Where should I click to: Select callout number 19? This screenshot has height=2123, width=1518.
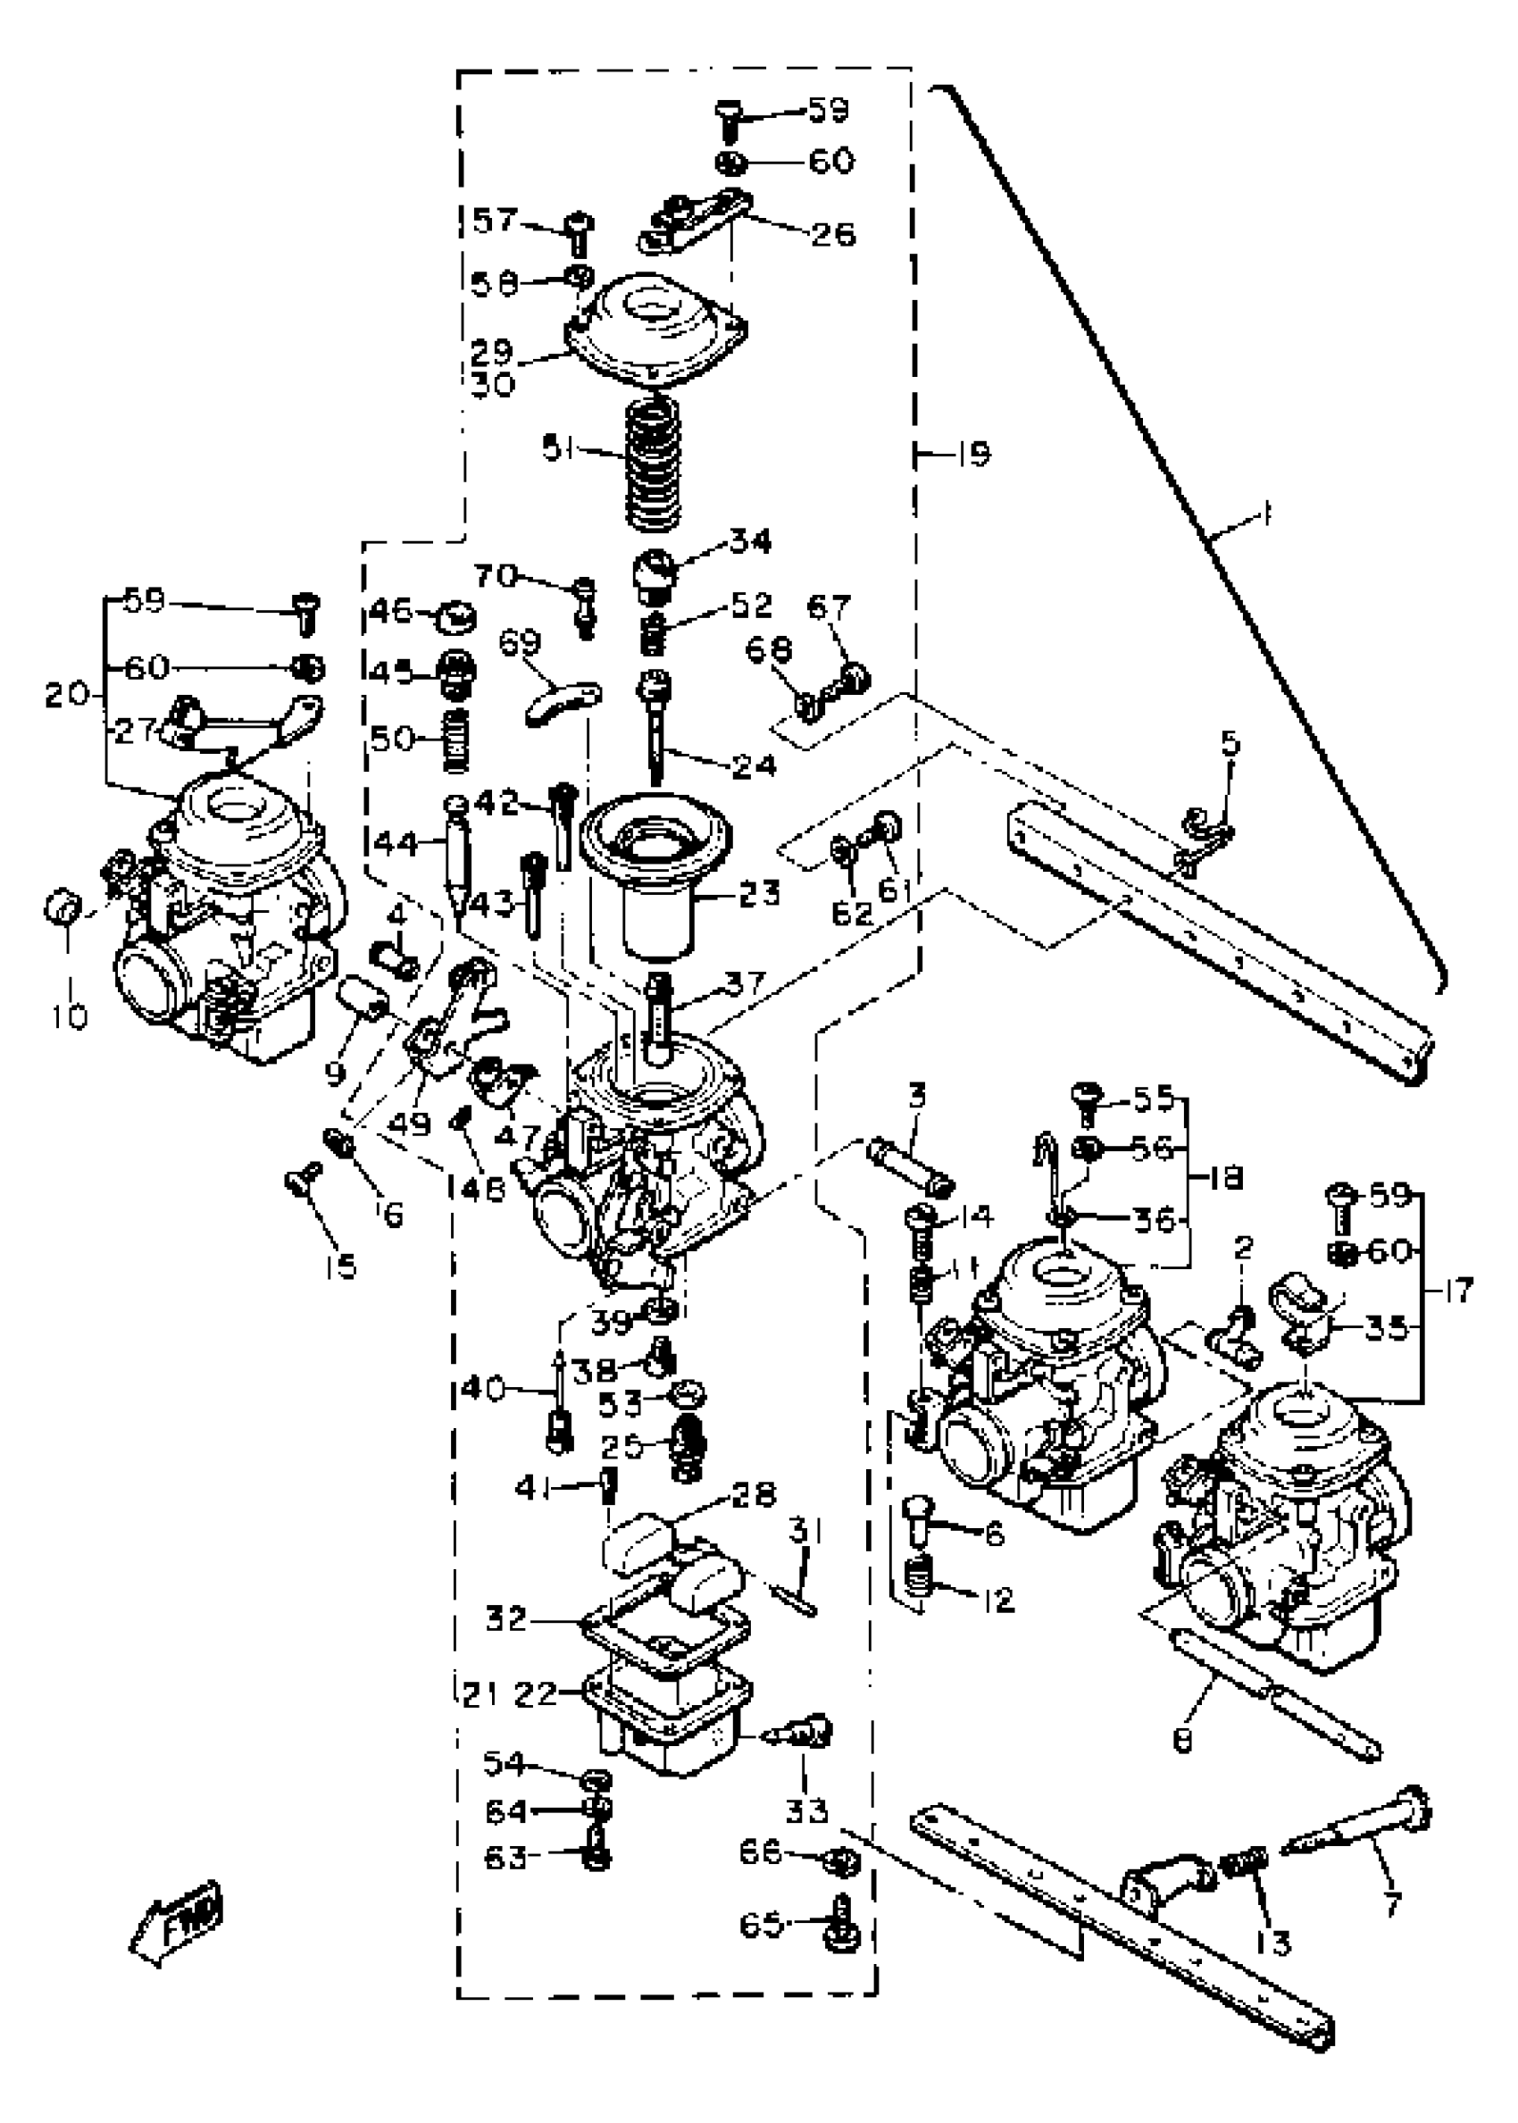point(972,456)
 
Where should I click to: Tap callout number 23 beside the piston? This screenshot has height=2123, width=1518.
point(758,894)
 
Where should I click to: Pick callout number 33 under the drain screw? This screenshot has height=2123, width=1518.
point(805,1810)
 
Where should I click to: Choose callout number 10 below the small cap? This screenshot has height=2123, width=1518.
point(69,1016)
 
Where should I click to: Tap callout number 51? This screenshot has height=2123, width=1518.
point(563,448)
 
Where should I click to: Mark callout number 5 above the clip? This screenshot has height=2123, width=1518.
point(1230,745)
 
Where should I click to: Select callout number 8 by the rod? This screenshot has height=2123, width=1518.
point(1182,1743)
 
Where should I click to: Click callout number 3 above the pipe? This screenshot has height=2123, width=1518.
point(916,1096)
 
